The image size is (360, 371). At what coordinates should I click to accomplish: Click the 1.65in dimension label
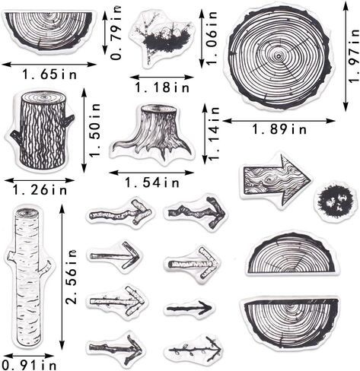(49, 75)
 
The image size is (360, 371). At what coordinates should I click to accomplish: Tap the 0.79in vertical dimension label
(116, 33)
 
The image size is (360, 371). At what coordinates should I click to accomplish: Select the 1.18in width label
(162, 87)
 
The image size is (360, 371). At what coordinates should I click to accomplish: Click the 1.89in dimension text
(279, 129)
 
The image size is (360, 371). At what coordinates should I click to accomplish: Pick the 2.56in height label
(72, 277)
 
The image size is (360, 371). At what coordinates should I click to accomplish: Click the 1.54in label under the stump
(152, 182)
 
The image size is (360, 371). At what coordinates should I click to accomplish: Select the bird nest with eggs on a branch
(161, 38)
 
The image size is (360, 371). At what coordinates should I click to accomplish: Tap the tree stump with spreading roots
(151, 133)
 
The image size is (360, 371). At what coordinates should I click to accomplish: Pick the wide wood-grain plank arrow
(276, 179)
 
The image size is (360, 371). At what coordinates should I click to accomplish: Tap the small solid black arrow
(190, 308)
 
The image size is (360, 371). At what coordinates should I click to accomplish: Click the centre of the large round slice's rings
(279, 56)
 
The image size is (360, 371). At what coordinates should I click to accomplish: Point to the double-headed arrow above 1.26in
(40, 180)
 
